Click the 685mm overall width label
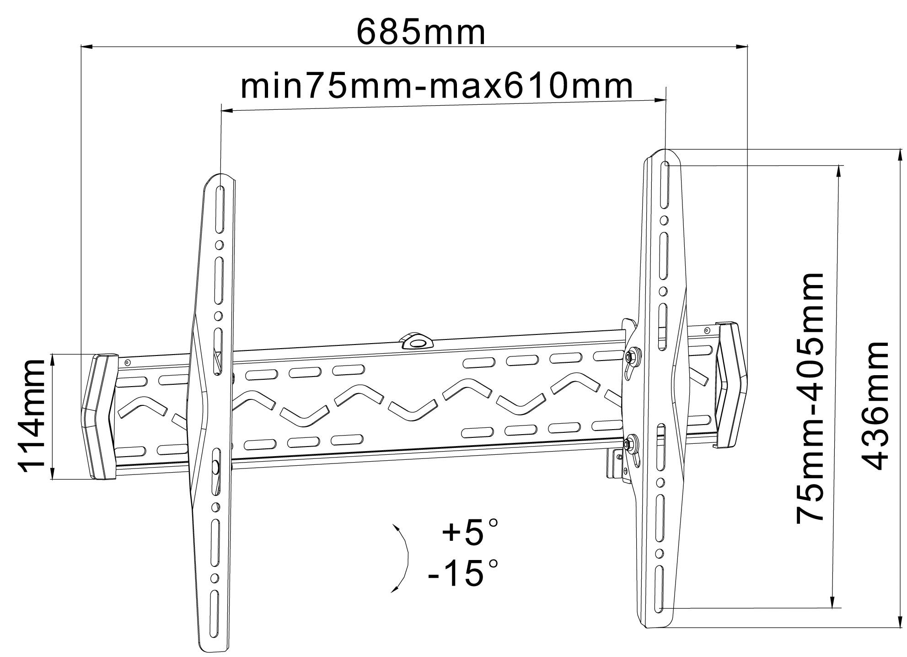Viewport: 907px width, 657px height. click(x=420, y=32)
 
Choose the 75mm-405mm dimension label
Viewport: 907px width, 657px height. click(x=810, y=399)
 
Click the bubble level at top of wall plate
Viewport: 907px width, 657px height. click(x=416, y=341)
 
